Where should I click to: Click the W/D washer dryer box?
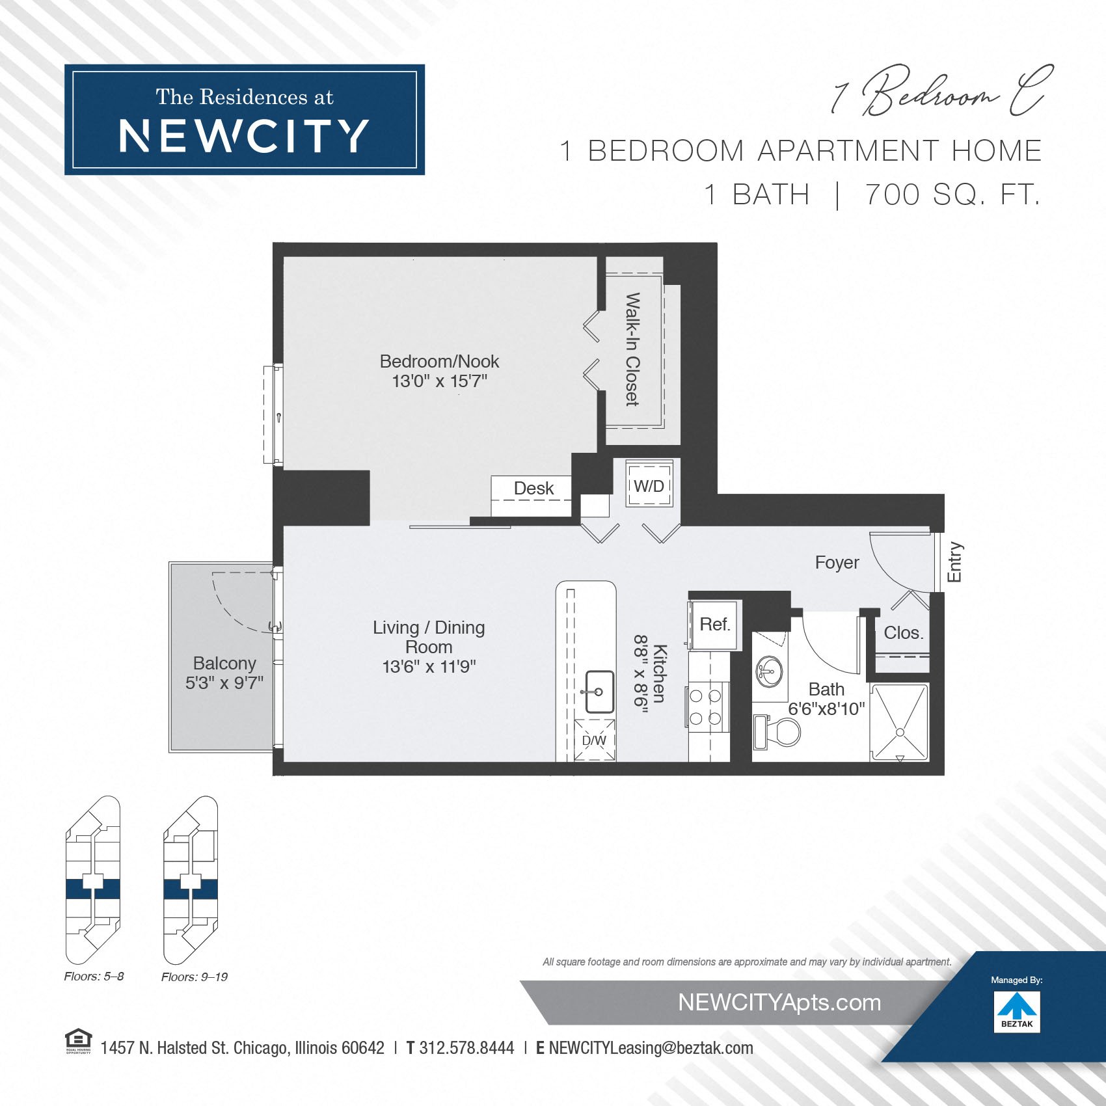(x=649, y=485)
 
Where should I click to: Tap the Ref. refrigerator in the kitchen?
(x=714, y=625)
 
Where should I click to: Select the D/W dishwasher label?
(x=593, y=740)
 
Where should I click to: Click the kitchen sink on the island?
(x=599, y=692)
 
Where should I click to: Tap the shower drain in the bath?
(x=900, y=733)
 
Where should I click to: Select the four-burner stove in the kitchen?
(x=706, y=707)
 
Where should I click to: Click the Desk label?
(x=533, y=489)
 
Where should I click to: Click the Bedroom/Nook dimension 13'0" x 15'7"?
(x=439, y=381)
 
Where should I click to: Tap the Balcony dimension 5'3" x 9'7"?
(x=224, y=682)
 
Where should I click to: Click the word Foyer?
(x=837, y=563)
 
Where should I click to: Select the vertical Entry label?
(x=954, y=562)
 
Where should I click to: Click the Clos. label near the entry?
(x=903, y=633)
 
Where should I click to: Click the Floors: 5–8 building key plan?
(x=93, y=880)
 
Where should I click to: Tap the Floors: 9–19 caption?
(x=195, y=977)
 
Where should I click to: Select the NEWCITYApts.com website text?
(x=779, y=1003)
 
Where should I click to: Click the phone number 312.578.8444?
(x=466, y=1048)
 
